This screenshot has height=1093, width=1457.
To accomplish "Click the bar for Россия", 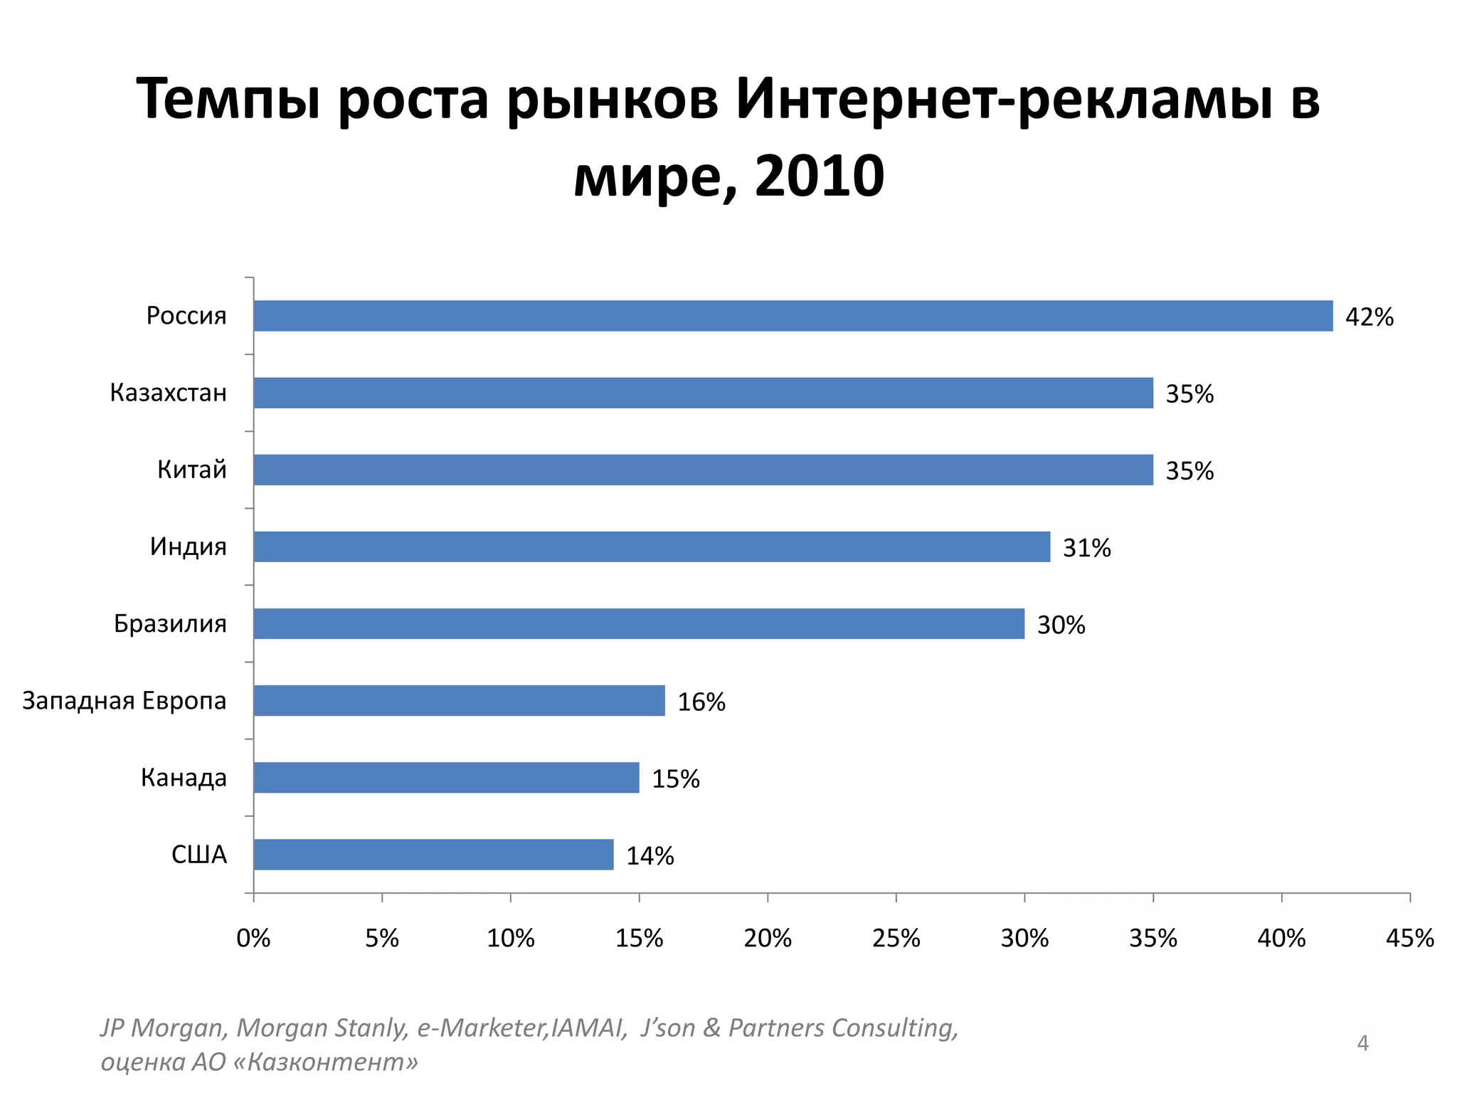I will pyautogui.click(x=793, y=316).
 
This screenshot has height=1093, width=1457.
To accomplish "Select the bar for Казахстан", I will pyautogui.click(x=703, y=393).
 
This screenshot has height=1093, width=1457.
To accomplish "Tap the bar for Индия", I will pyautogui.click(x=652, y=546).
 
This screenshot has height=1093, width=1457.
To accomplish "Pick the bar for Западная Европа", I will pyautogui.click(x=459, y=701).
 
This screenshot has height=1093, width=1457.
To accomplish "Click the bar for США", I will pyautogui.click(x=433, y=855).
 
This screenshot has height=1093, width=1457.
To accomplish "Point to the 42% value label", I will pyautogui.click(x=1369, y=317).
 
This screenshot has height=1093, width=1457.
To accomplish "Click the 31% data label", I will pyautogui.click(x=1086, y=548).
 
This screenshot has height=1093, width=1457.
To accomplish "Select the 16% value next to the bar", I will pyautogui.click(x=701, y=702).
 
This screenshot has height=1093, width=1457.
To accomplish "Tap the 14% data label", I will pyautogui.click(x=650, y=856).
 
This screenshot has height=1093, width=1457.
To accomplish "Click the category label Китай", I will pyautogui.click(x=191, y=470).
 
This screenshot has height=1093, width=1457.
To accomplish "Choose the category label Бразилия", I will pyautogui.click(x=170, y=623).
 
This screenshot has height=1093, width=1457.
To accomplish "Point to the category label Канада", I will pyautogui.click(x=184, y=778).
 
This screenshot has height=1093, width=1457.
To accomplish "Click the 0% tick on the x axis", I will pyautogui.click(x=253, y=939).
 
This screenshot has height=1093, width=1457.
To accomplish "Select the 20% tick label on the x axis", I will pyautogui.click(x=768, y=939).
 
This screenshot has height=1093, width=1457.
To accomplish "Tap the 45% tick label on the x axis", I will pyautogui.click(x=1409, y=939).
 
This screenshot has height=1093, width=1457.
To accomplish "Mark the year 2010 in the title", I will pyautogui.click(x=819, y=176).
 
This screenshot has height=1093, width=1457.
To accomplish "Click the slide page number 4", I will pyautogui.click(x=1362, y=1043).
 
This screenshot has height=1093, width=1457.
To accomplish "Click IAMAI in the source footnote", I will pyautogui.click(x=588, y=1028).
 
